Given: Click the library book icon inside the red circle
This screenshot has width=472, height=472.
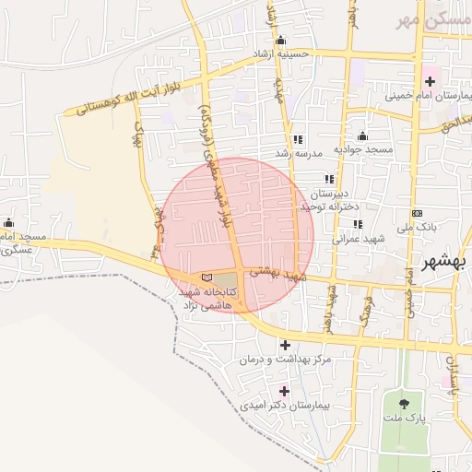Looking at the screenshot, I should tap(206, 277).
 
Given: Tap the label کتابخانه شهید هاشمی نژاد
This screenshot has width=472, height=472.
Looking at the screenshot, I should tap(208, 297).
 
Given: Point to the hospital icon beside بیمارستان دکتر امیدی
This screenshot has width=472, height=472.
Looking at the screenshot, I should tap(284, 390).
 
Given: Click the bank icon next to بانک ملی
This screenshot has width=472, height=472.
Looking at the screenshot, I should tap(417, 213).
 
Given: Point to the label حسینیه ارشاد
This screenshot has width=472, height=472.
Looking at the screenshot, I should tap(290, 54).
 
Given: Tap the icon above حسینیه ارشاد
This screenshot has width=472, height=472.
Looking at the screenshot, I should tap(281, 41).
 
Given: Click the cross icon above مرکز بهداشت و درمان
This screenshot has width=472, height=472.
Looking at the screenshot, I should tap(285, 345).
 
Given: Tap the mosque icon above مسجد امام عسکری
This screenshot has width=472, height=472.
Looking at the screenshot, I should tap(9, 222).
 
